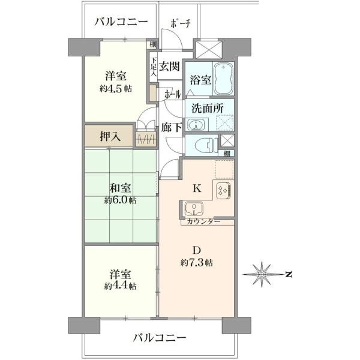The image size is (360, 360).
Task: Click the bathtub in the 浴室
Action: click(x=223, y=79)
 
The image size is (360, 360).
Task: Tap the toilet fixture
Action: click(x=206, y=146)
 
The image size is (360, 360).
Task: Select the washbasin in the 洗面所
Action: click(x=196, y=125)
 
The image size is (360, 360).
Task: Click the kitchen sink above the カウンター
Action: click(x=194, y=209)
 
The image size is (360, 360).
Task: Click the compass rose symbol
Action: click(x=262, y=274)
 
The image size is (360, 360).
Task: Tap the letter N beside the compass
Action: click(x=289, y=274)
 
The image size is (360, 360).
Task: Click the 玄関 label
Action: click(x=169, y=67)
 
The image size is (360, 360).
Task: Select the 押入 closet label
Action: click(x=110, y=137)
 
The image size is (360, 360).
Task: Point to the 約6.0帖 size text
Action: click(x=121, y=200)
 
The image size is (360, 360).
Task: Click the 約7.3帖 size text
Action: click(x=196, y=262)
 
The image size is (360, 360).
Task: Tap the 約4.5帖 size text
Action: click(x=116, y=88)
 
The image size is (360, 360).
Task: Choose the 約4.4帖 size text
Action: click(x=120, y=286)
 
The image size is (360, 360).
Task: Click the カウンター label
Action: click(x=203, y=221)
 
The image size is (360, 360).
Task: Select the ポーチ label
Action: click(x=181, y=23)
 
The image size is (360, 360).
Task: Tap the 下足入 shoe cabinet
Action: click(x=154, y=67)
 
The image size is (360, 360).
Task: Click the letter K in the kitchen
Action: click(x=197, y=189)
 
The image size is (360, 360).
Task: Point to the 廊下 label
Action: click(x=172, y=127)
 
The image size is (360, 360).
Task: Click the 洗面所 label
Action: click(x=208, y=109)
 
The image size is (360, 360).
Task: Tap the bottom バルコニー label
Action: click(x=160, y=338)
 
